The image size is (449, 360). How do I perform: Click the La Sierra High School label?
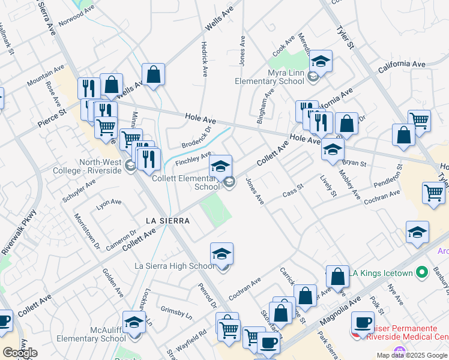click(174, 266)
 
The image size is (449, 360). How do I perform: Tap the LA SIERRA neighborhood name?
click(168, 221)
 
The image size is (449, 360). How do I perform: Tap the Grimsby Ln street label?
click(176, 311)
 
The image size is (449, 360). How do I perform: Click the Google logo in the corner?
click(20, 353)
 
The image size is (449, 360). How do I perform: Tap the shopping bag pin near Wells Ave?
click(154, 76)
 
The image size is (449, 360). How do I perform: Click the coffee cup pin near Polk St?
click(363, 323)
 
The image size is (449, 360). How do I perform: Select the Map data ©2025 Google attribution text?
click(412, 355)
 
